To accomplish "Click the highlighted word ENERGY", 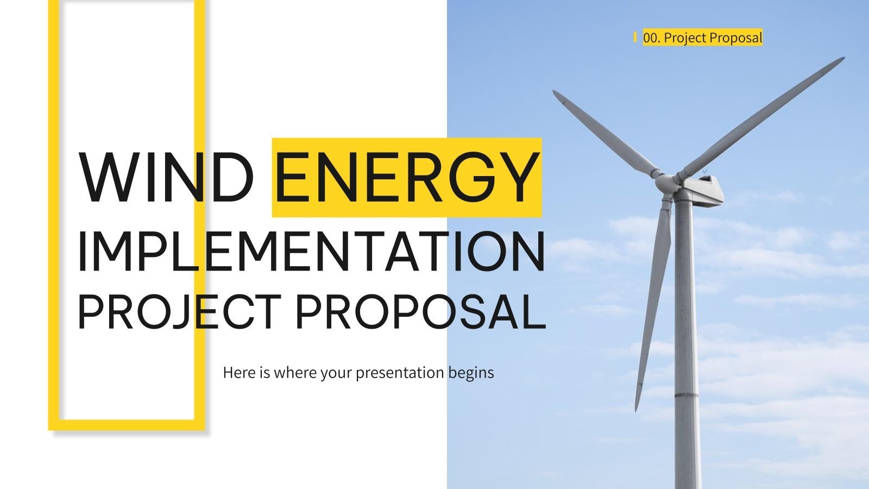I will [407, 177].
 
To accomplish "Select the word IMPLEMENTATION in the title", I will [312, 252].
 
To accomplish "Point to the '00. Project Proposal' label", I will [702, 37].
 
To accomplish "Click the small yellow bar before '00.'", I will [635, 37].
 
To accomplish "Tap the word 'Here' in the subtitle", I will [235, 373].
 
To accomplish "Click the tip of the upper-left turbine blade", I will [556, 93].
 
